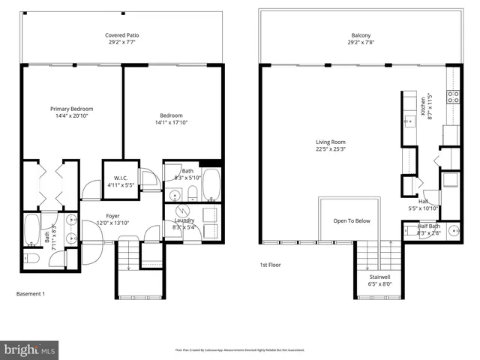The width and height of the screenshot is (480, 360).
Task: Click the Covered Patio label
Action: tap(121, 35)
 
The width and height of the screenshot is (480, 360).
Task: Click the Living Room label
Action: tap(330, 142)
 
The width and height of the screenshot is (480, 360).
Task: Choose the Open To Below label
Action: tap(352, 221)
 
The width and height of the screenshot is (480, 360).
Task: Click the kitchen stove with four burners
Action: tap(453, 97)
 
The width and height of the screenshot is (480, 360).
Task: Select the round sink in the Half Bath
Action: tap(454, 230)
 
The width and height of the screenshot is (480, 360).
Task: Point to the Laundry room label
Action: tap(184, 220)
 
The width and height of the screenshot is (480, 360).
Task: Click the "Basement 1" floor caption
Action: tap(31, 293)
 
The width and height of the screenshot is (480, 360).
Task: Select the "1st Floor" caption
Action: tap(271, 265)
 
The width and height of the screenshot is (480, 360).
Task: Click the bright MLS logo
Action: tap(30, 349)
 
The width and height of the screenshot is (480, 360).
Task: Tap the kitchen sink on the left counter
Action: tap(409, 120)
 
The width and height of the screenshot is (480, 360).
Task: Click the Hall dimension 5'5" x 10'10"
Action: tap(423, 208)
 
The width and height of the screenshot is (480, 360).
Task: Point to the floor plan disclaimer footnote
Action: tap(239, 349)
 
